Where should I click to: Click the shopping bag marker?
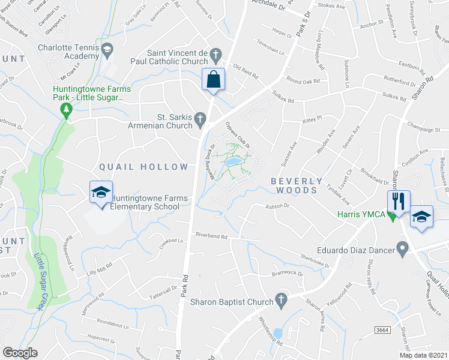click(x=214, y=80)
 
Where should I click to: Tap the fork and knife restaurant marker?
click(x=399, y=200)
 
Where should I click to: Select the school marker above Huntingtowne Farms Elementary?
click(x=101, y=193)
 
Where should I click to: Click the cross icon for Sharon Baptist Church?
click(x=279, y=299)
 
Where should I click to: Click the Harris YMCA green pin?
click(x=393, y=216)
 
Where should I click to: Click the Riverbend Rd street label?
click(x=210, y=236)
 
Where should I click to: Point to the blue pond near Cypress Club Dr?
click(x=233, y=161)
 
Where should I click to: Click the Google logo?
click(x=20, y=353)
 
